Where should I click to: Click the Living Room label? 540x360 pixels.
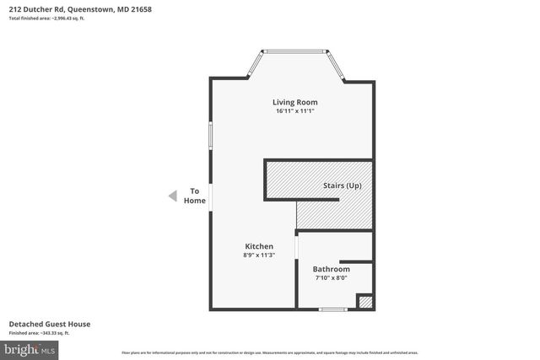click(294, 102)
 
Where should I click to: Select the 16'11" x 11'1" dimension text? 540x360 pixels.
click(294, 111)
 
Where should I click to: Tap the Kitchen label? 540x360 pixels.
click(259, 246)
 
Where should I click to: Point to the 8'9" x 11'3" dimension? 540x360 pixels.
click(259, 255)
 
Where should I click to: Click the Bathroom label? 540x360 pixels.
click(332, 269)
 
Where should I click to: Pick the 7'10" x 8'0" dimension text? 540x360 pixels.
click(332, 278)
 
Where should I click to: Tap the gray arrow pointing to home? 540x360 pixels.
click(172, 196)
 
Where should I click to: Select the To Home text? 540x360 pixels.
click(195, 196)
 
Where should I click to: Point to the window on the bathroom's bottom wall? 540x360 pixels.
click(332, 309)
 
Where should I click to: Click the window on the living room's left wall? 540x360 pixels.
click(211, 137)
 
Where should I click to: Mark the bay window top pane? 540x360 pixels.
click(294, 51)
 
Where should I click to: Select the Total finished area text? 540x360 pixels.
click(47, 19)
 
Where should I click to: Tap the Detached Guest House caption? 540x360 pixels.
click(50, 324)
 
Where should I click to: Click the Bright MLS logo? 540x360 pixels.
click(30, 348)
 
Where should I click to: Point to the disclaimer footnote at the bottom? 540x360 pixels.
click(270, 352)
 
